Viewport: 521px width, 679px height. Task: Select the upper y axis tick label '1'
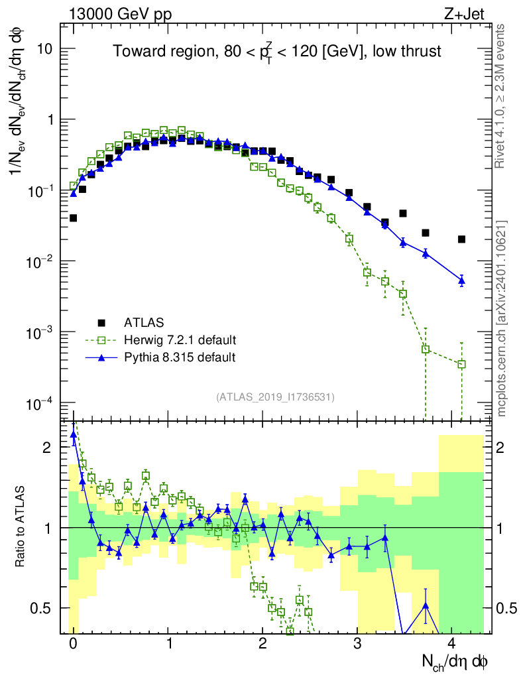pos(50,120)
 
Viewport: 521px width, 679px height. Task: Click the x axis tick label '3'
pos(358,643)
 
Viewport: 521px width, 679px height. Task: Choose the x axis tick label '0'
pos(73,643)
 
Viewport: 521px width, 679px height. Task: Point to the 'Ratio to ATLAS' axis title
pos(21,527)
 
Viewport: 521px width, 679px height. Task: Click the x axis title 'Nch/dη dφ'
pos(455,662)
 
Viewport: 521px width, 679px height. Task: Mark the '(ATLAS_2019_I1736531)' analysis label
pos(275,397)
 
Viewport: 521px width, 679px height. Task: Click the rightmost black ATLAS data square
pos(461,239)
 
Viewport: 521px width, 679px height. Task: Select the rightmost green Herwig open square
pos(461,363)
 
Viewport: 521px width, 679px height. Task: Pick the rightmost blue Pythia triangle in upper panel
pos(461,281)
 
